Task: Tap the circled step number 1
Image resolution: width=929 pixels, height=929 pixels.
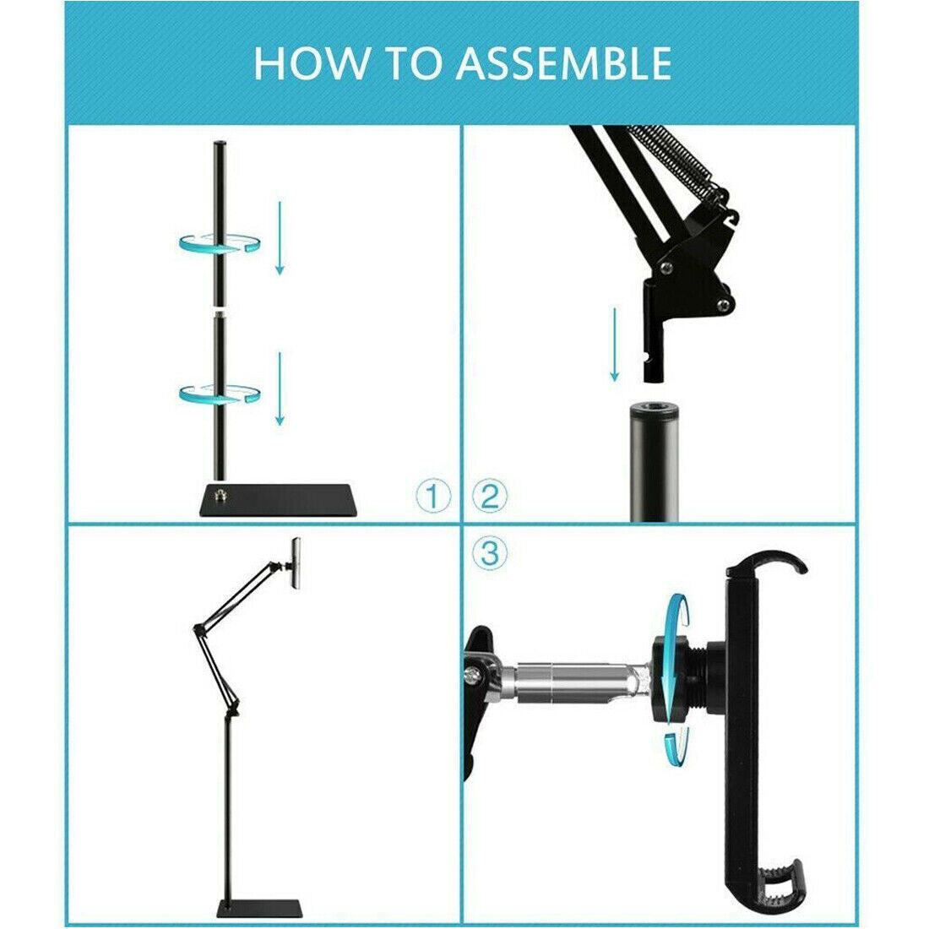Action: (433, 497)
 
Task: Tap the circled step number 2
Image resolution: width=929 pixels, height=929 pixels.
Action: (490, 497)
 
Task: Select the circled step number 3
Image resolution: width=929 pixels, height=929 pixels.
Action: (490, 554)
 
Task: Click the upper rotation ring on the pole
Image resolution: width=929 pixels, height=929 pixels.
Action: (219, 243)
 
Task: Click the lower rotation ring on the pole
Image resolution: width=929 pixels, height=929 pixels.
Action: (219, 393)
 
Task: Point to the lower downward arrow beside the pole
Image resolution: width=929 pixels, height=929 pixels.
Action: (280, 389)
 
